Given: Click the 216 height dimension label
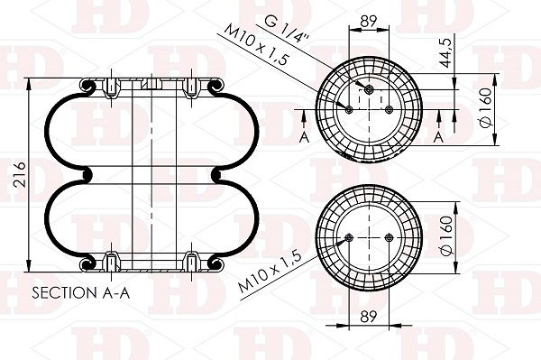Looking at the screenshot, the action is [x=20, y=174].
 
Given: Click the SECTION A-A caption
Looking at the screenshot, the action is [x=81, y=293].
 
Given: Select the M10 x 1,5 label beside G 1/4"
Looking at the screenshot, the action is [x=256, y=44].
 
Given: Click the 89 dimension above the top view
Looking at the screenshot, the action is [x=369, y=22].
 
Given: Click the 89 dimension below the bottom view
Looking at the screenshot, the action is [x=369, y=317].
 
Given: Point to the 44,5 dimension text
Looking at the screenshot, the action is [x=445, y=53].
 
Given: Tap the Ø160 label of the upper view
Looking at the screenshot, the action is [x=486, y=107].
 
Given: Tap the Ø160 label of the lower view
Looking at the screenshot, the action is [x=447, y=235].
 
